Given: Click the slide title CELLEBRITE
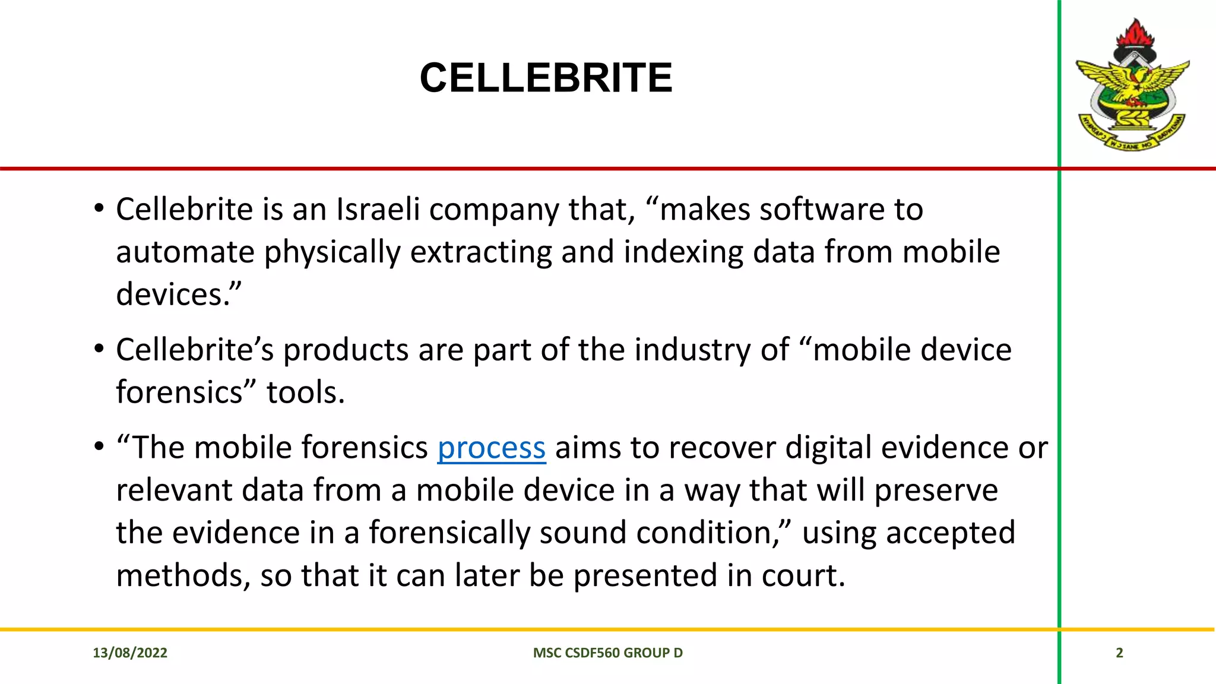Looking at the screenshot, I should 546,78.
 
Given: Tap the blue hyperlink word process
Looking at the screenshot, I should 491,448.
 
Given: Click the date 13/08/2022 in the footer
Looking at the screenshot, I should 130,653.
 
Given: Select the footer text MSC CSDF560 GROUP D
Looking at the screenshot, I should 607,653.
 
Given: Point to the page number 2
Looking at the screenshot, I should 1119,653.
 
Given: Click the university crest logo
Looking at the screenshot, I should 1133,86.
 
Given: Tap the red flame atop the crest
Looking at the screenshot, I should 1135,33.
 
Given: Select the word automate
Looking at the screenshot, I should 185,252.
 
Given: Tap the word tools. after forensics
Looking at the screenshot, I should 305,392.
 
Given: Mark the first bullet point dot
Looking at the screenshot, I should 99,209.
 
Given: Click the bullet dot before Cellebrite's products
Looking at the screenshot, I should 99,349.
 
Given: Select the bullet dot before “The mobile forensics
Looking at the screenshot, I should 99,447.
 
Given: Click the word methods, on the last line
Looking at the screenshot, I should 183,575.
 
